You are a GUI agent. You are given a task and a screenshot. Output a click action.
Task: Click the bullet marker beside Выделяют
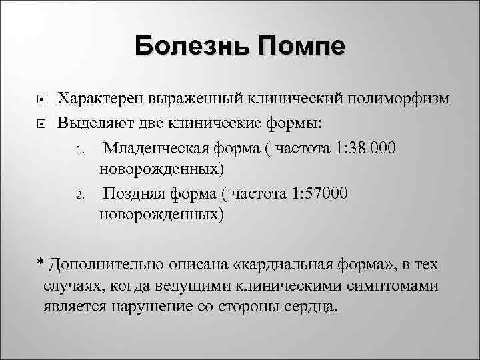[39, 123]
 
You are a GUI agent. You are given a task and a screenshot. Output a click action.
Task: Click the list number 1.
[78, 148]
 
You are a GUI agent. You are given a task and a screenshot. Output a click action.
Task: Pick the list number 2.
[78, 195]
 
